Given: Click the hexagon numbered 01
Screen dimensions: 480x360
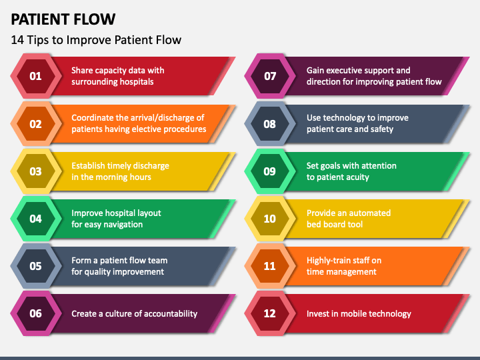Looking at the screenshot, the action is click(x=36, y=76).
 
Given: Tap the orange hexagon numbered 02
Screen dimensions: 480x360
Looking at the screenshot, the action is click(x=36, y=124).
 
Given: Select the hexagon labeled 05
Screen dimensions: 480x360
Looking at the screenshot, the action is click(x=36, y=266).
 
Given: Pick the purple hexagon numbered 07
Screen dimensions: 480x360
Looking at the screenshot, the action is click(x=270, y=76).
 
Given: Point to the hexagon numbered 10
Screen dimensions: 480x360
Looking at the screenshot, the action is click(x=270, y=219).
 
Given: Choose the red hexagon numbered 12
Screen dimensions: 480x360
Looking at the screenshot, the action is click(x=270, y=313).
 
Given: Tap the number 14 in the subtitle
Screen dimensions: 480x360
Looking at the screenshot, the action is click(x=17, y=40).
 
